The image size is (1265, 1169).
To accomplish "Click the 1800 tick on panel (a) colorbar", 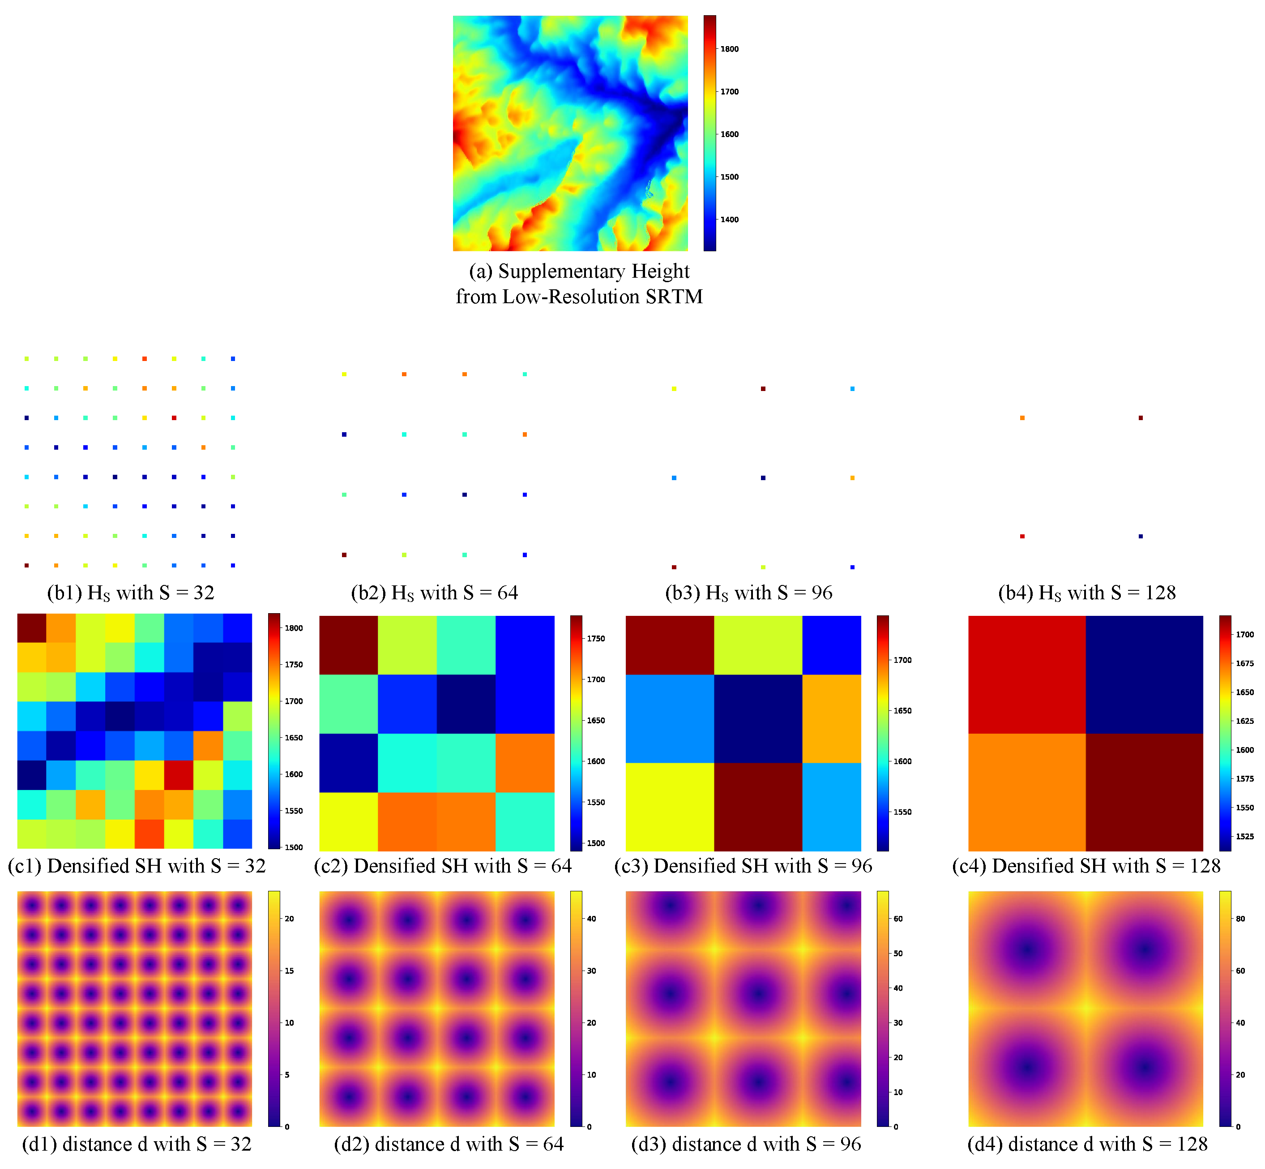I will pyautogui.click(x=729, y=49).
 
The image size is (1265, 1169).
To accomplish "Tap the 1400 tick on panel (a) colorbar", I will pyautogui.click(x=729, y=219).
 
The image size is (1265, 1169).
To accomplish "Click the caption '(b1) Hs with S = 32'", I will pyautogui.click(x=131, y=593).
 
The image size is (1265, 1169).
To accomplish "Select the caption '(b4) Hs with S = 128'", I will pyautogui.click(x=1087, y=593).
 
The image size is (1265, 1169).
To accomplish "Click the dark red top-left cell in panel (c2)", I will pyautogui.click(x=348, y=645).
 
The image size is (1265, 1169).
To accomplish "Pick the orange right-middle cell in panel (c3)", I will pyautogui.click(x=831, y=718).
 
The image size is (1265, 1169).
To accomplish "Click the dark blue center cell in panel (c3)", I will pyautogui.click(x=758, y=718).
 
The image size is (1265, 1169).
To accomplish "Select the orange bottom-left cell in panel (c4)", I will pyautogui.click(x=1027, y=791).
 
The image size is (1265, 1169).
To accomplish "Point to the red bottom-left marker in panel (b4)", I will pyautogui.click(x=1022, y=537).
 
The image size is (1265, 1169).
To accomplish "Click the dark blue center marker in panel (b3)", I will pyautogui.click(x=763, y=477).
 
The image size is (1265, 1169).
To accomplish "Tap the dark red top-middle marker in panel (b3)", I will pyautogui.click(x=763, y=388).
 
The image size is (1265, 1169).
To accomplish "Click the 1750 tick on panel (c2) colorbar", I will pyautogui.click(x=595, y=638).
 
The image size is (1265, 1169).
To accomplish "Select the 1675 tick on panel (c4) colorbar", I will pyautogui.click(x=1244, y=663).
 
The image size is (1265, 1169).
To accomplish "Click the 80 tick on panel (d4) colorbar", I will pyautogui.click(x=1240, y=919).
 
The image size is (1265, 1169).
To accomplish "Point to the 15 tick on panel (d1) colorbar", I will pyautogui.click(x=289, y=971).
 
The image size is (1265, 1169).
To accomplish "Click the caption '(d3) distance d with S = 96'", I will pyautogui.click(x=746, y=1144).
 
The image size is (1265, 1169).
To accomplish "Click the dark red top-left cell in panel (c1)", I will pyautogui.click(x=32, y=627).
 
